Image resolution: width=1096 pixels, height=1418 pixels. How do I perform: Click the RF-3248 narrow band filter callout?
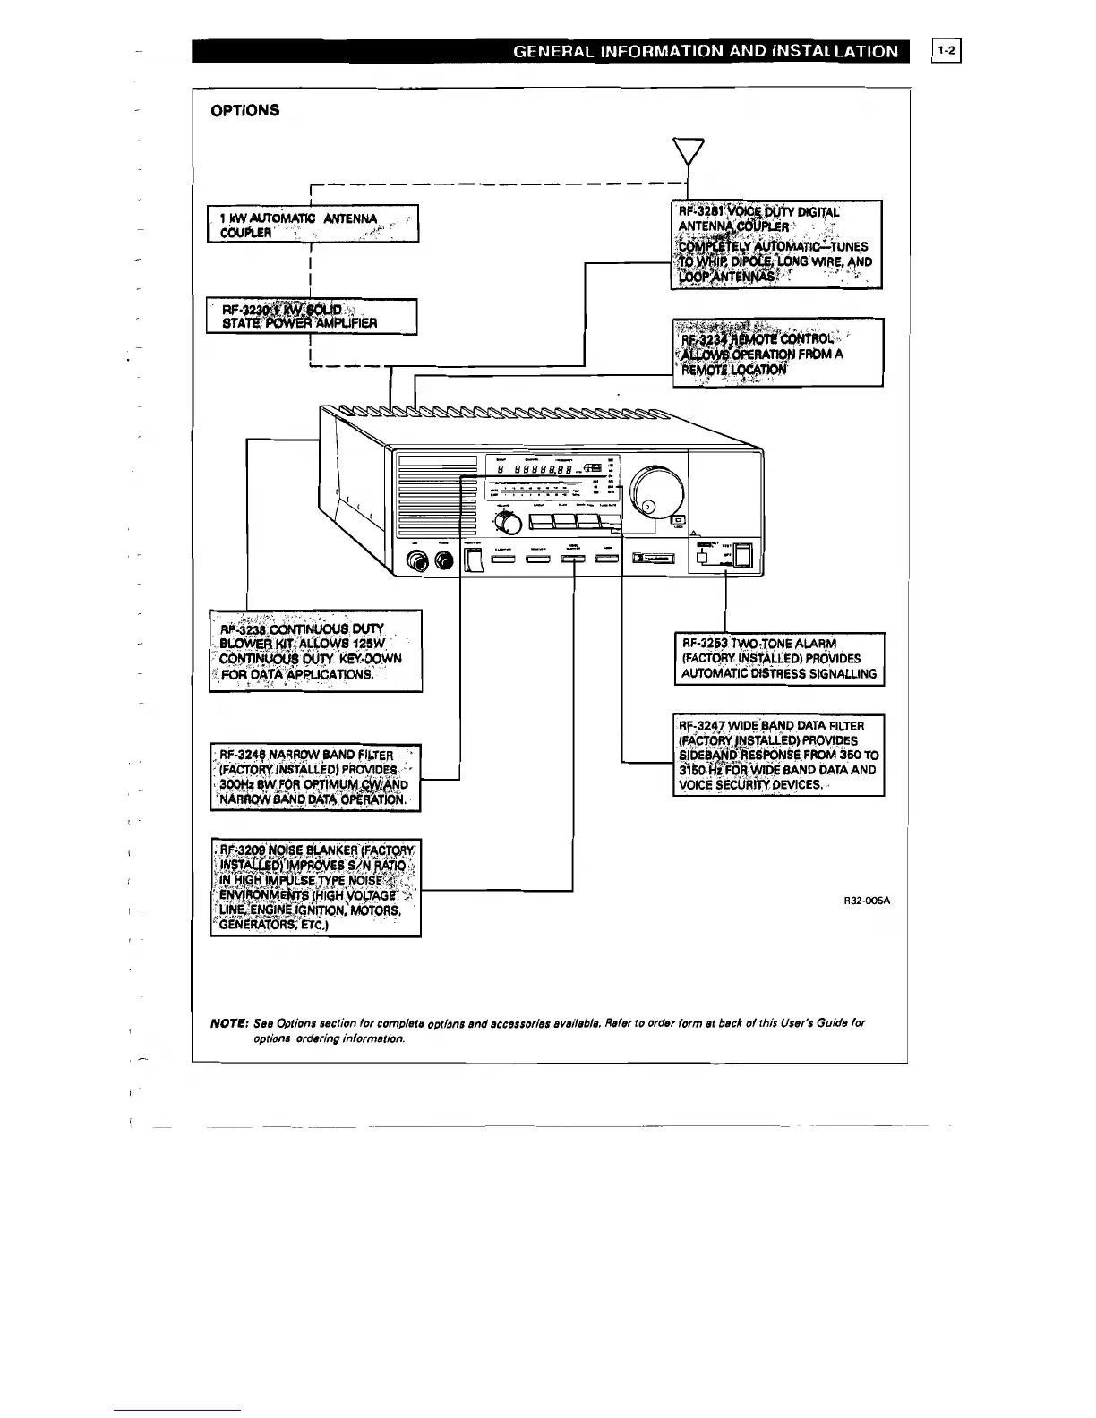tap(315, 777)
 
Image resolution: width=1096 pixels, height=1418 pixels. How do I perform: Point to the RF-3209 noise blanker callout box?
tap(315, 887)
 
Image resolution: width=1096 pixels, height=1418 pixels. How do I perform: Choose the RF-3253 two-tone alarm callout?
tap(779, 659)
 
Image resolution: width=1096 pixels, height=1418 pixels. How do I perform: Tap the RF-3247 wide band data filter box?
tap(778, 755)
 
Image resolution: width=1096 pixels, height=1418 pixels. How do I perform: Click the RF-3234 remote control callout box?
tap(777, 352)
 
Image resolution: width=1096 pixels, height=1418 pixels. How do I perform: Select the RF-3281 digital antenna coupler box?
tap(776, 244)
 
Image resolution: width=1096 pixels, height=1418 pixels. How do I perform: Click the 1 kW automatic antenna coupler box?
tap(313, 224)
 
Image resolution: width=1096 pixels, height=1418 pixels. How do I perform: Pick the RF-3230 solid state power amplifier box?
tap(312, 315)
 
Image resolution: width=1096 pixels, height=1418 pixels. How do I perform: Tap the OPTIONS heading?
tap(244, 110)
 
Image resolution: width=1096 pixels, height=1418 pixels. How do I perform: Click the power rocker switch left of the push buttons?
tap(474, 560)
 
